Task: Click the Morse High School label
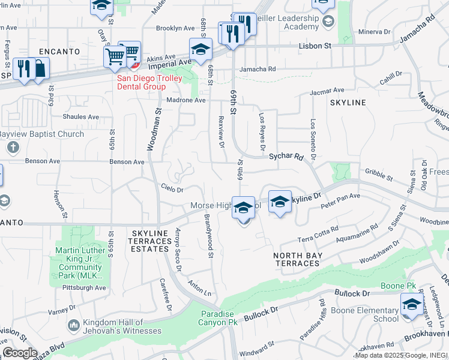(x=216, y=206)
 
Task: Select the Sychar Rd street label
(x=286, y=156)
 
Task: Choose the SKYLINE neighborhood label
(x=348, y=103)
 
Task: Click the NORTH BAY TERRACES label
(x=298, y=259)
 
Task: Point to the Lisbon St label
(x=316, y=46)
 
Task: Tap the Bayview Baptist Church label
(x=42, y=134)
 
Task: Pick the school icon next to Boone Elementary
(x=412, y=303)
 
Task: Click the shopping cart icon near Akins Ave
(x=115, y=57)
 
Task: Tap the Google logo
(x=19, y=353)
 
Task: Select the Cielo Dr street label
(x=172, y=190)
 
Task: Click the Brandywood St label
(x=209, y=236)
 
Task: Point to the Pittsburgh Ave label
(x=85, y=288)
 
